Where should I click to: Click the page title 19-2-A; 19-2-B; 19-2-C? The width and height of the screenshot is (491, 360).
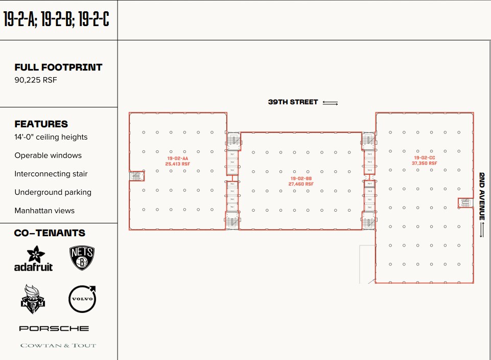[x=56, y=19]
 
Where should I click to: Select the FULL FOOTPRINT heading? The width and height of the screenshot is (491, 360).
[x=58, y=67]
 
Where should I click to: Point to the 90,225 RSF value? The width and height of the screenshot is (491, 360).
[x=36, y=80]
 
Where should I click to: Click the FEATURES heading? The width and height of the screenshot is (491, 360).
[x=41, y=124]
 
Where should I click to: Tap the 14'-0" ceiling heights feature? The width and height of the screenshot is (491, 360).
[x=51, y=137]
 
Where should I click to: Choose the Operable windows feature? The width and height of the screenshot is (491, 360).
[x=48, y=155]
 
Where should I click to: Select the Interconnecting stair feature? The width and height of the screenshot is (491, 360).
[x=51, y=174]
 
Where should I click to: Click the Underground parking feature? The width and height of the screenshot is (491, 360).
[x=53, y=192]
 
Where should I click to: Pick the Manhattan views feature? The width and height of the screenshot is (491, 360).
[x=44, y=211]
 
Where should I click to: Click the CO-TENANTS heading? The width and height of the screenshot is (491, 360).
[x=50, y=233]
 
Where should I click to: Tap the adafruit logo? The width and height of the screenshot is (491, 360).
[x=33, y=258]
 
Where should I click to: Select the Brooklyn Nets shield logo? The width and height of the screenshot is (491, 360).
[x=82, y=258]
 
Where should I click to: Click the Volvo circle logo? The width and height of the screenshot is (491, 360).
[x=82, y=299]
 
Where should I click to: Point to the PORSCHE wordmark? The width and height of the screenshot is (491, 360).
[x=54, y=328]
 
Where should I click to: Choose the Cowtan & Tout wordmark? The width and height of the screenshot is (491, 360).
[x=58, y=346]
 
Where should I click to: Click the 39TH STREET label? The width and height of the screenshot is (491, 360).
[x=293, y=102]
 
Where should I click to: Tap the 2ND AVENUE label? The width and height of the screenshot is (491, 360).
[x=482, y=196]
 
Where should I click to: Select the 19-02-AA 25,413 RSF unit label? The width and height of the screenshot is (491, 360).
[x=178, y=161]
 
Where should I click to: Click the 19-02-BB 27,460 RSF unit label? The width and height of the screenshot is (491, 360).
[x=301, y=181]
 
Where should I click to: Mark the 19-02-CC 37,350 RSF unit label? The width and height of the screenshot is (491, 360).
[x=424, y=161]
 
